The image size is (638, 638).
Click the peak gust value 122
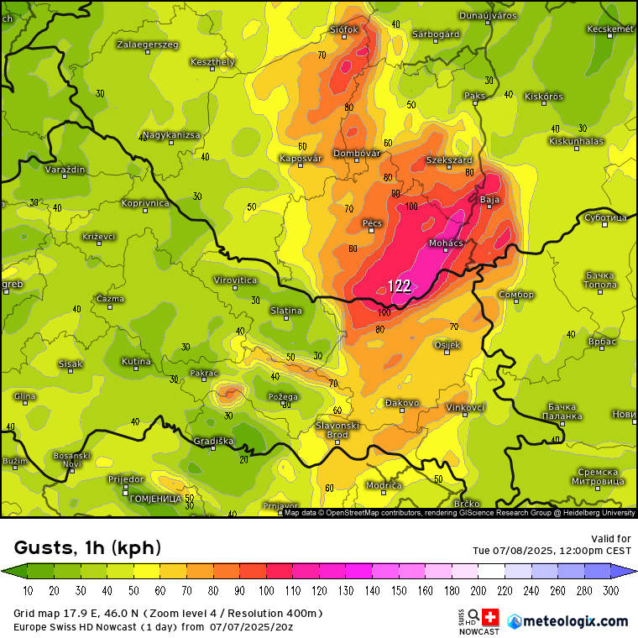(400, 286)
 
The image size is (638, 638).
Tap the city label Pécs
(372, 223)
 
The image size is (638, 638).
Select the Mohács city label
(446, 243)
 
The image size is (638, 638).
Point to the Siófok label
(344, 29)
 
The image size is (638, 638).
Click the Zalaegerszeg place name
(148, 44)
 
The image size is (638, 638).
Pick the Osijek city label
(447, 345)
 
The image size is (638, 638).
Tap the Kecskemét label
(609, 29)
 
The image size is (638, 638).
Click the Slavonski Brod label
(337, 430)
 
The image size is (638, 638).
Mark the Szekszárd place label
(449, 159)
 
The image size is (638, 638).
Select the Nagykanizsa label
(171, 135)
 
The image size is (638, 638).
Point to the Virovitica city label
(235, 280)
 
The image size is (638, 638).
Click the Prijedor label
(126, 478)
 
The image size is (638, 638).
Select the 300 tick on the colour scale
(610, 590)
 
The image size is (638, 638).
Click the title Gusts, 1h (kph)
(88, 548)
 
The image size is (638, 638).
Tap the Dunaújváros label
(487, 16)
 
